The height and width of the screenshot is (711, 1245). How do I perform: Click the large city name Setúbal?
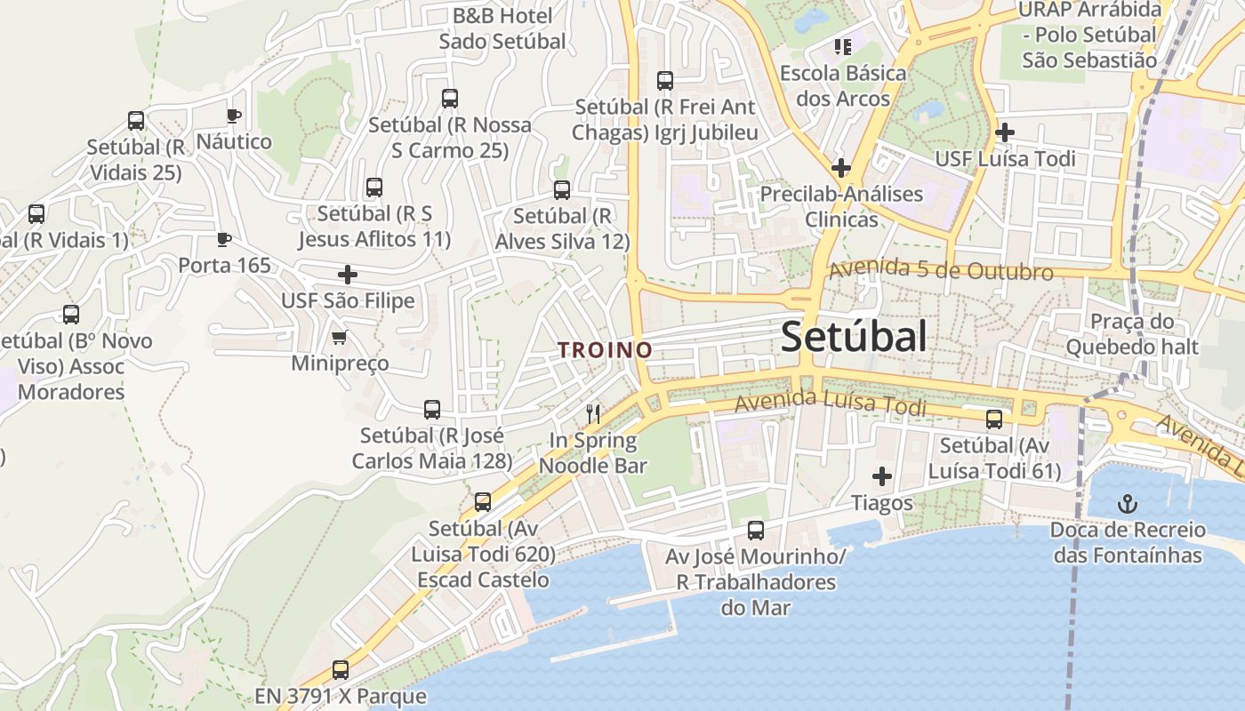(854, 337)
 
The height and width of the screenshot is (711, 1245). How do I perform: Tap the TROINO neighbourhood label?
(605, 350)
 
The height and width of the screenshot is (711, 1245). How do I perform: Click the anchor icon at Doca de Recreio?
(1127, 505)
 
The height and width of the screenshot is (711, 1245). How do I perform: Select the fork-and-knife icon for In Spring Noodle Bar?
(593, 413)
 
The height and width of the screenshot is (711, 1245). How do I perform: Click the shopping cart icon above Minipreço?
(339, 337)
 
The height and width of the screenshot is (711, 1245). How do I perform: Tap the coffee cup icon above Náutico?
(233, 116)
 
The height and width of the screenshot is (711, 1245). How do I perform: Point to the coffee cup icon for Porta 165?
(224, 239)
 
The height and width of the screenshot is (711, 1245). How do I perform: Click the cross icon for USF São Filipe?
(348, 275)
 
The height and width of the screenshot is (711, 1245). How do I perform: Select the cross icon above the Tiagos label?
(881, 476)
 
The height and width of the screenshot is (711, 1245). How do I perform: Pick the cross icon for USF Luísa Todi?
(1005, 132)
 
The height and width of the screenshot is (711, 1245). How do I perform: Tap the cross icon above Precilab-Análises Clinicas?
(840, 167)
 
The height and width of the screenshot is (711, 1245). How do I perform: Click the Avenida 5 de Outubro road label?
(941, 270)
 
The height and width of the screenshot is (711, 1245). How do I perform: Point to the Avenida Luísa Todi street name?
(831, 403)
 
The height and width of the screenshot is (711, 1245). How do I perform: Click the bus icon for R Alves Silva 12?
(562, 189)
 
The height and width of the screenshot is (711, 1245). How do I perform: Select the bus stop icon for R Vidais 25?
(136, 121)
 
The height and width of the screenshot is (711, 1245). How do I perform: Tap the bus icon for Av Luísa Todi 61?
(994, 419)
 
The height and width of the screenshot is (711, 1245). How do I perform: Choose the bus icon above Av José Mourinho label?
(756, 531)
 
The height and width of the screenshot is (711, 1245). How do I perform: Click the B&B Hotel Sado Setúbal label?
(502, 28)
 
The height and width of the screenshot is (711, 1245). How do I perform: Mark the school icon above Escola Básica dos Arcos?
(841, 45)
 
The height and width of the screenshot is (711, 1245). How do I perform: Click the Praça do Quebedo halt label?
(1132, 334)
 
